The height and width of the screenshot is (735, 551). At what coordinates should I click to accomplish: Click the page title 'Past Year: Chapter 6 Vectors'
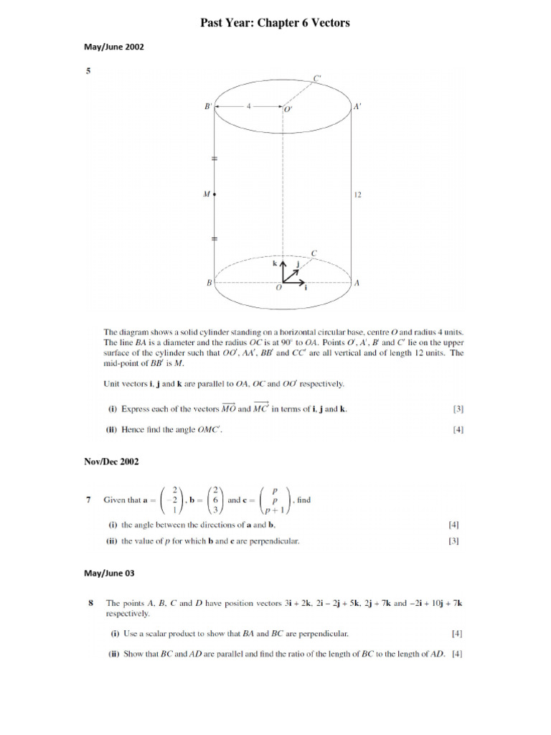point(275,23)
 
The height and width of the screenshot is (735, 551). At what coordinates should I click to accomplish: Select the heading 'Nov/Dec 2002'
point(111,462)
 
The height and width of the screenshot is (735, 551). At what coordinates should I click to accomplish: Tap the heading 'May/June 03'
point(110,574)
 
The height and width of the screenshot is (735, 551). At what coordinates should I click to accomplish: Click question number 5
point(88,71)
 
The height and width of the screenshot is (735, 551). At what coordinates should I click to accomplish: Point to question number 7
point(88,500)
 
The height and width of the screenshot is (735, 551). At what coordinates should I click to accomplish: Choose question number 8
point(88,604)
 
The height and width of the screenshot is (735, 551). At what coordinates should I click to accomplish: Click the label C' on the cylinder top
point(317,78)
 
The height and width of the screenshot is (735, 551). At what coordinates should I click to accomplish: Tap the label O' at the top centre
point(288,110)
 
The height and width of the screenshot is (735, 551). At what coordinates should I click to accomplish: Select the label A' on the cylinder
point(357,106)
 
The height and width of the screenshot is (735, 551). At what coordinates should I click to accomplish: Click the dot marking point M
point(215,194)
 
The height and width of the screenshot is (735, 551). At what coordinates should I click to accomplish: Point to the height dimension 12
point(357,194)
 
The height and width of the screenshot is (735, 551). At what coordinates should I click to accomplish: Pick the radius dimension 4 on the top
point(249,106)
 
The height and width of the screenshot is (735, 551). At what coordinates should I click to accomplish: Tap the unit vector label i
point(306,288)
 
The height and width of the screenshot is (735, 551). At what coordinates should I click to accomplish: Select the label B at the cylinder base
point(209,283)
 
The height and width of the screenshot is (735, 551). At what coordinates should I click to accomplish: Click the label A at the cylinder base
point(357,283)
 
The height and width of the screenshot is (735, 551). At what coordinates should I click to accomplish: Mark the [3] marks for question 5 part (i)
point(458,410)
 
